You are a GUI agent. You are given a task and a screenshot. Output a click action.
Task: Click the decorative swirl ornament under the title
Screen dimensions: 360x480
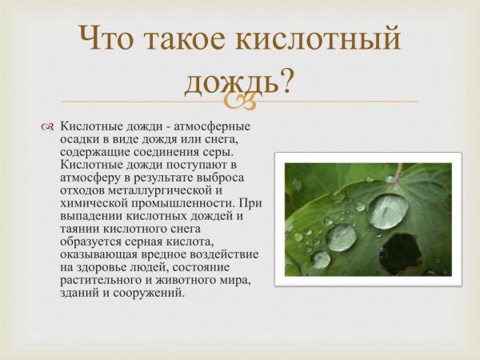pyautogui.click(x=240, y=102)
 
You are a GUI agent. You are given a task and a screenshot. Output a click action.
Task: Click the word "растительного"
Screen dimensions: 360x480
pyautogui.click(x=102, y=281)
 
